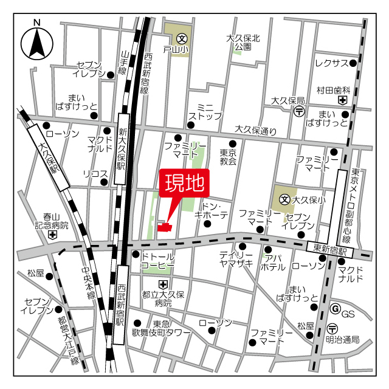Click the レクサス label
click(331, 63)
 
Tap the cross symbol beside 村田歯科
click(343, 100)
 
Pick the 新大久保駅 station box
click(122, 149)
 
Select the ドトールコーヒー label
click(158, 261)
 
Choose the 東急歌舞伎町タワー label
click(162, 328)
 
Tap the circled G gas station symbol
click(334, 309)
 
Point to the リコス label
click(95, 174)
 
